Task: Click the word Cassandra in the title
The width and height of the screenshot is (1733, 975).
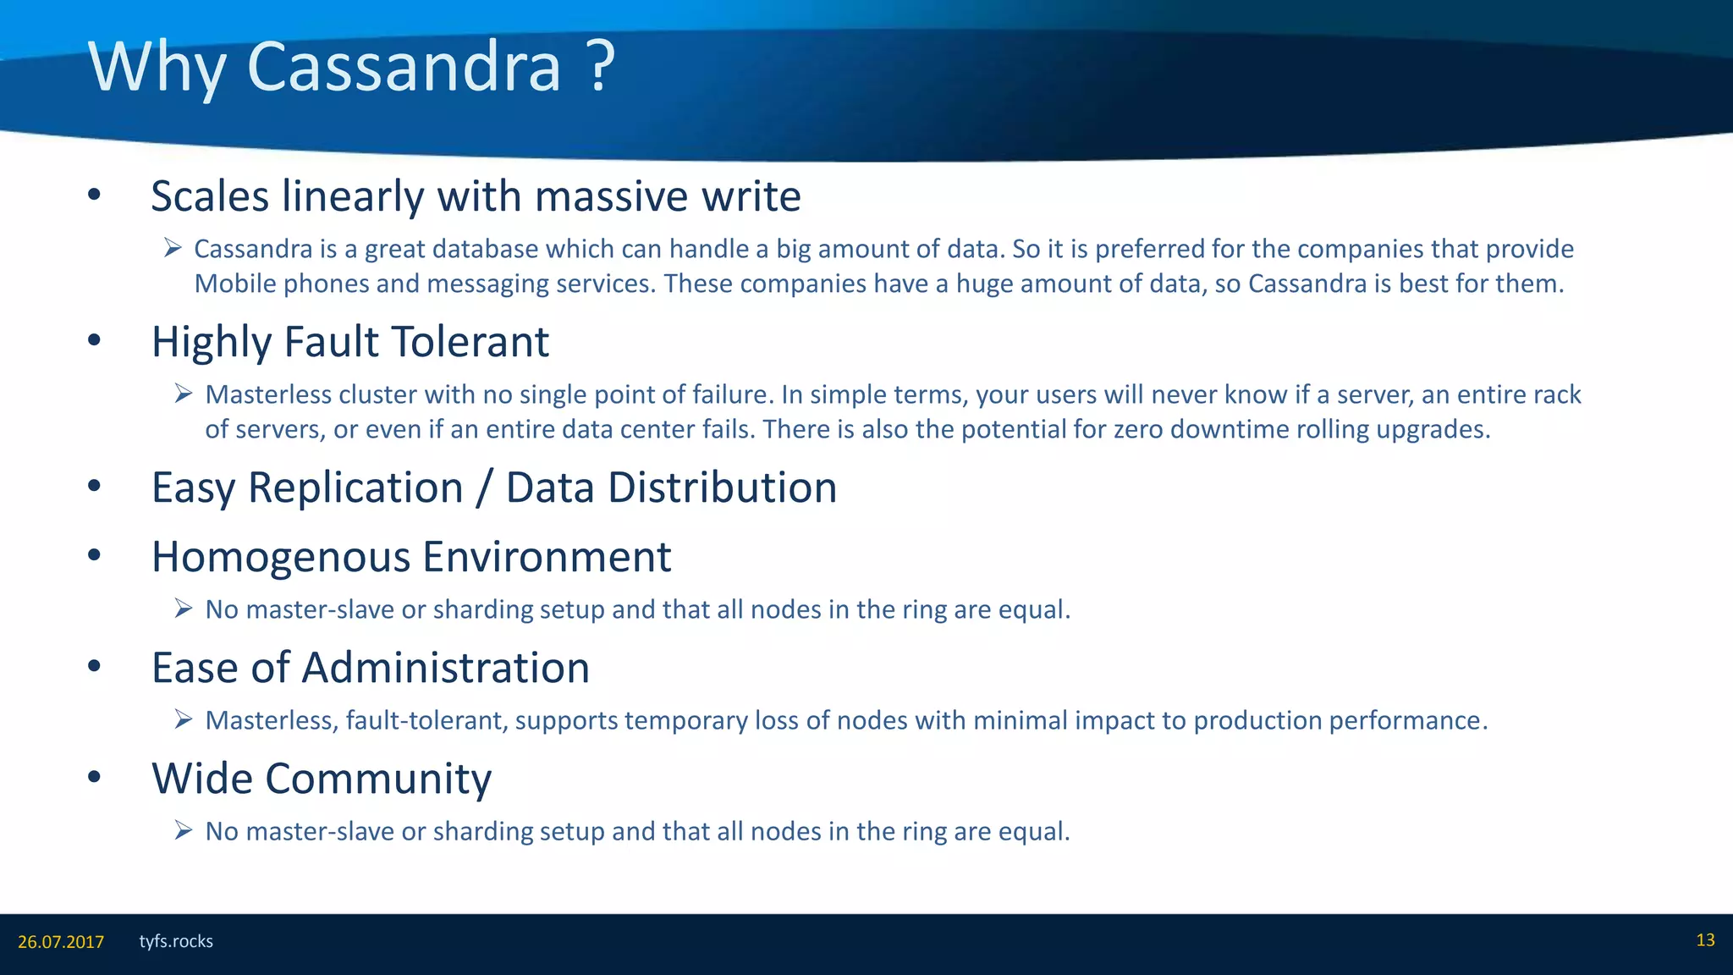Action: coord(404,67)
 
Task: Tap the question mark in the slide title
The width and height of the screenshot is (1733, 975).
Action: coord(599,67)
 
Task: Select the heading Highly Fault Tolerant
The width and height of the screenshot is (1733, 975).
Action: coord(349,343)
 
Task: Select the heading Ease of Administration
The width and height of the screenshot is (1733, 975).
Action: coord(370,668)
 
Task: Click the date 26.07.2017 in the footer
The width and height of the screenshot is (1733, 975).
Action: coord(61,942)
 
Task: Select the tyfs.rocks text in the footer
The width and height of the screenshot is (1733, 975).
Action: coord(176,941)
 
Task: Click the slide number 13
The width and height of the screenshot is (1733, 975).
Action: coord(1705,940)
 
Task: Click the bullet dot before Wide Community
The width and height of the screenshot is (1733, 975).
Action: coord(94,777)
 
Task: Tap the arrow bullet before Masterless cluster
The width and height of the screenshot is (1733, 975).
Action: coord(184,394)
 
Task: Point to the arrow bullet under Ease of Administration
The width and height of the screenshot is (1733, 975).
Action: coord(184,719)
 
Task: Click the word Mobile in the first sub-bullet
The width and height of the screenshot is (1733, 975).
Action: coord(235,284)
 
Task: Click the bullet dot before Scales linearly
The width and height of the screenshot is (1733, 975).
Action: coord(94,195)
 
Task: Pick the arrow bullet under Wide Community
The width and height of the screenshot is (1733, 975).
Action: coord(184,830)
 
